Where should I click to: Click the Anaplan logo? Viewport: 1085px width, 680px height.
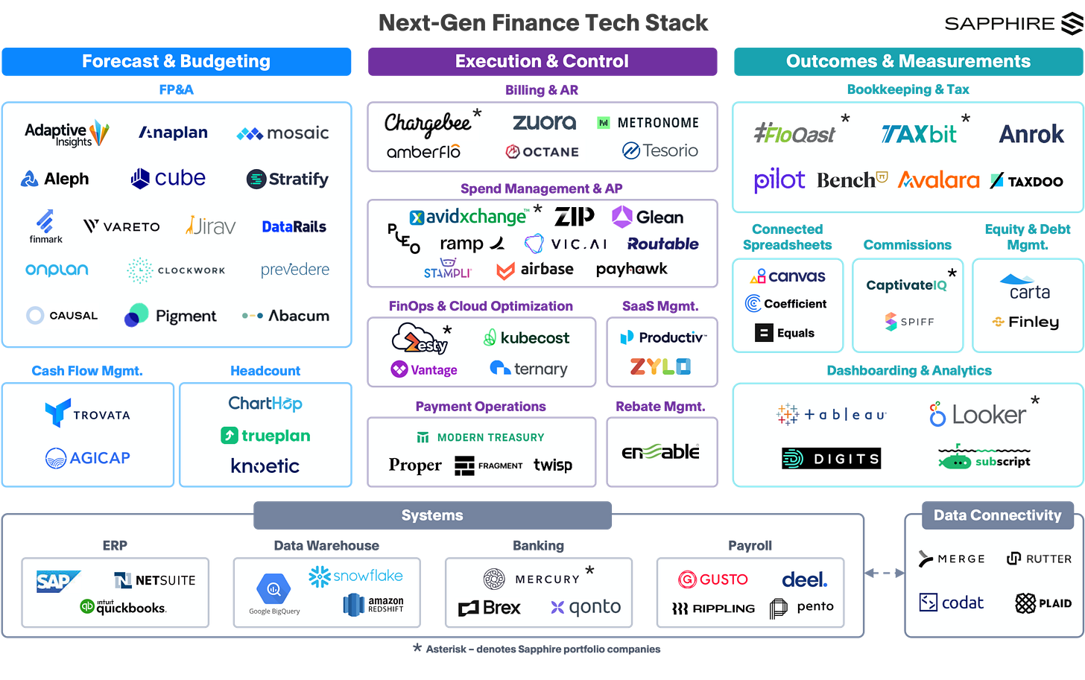174,133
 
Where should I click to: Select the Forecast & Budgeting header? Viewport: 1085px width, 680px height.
177,61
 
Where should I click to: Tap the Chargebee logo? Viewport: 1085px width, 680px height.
428,123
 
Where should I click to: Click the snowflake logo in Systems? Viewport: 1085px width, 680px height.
356,576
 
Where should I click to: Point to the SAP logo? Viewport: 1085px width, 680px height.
57,581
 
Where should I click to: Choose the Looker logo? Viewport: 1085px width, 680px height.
977,415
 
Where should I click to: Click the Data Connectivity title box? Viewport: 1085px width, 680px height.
997,515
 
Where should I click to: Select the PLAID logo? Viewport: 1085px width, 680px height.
1043,603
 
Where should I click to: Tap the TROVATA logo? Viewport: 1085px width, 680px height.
87,413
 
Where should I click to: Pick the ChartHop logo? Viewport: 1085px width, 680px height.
265,404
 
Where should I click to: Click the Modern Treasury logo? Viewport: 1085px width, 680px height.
481,437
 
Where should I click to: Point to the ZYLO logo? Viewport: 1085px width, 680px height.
660,366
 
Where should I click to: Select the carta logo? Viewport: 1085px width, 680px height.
1028,287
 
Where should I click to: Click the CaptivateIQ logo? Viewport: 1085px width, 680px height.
906,285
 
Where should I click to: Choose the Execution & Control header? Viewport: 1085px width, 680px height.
542,61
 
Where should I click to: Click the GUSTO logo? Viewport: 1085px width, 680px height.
713,579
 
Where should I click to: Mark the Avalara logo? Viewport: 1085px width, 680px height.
938,180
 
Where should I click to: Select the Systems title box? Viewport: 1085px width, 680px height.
432,515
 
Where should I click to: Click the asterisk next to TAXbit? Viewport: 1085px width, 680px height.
966,118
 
